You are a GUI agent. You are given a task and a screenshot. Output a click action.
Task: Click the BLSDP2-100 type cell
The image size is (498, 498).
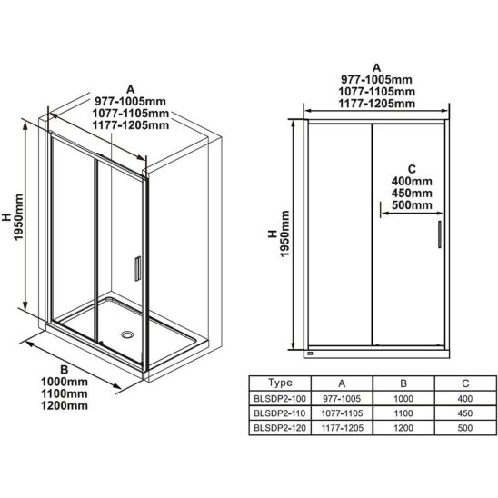(x=280, y=398)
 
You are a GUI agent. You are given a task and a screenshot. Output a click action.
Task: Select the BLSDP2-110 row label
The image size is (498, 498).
(x=280, y=413)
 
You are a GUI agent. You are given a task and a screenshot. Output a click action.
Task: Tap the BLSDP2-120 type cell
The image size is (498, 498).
(x=280, y=428)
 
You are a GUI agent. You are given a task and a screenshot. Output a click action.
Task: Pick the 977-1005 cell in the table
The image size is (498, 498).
(x=342, y=398)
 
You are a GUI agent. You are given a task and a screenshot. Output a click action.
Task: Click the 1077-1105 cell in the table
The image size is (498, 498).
(x=342, y=413)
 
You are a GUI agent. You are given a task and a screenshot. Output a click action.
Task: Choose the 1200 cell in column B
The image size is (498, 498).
(x=403, y=428)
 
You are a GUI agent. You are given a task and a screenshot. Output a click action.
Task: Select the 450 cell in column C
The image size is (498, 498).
(x=465, y=413)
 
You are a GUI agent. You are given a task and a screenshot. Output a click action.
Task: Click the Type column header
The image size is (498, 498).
(x=280, y=383)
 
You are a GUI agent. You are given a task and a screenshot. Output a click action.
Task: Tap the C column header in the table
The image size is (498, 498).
(x=465, y=383)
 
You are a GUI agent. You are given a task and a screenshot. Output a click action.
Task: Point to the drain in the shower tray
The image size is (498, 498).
(x=127, y=334)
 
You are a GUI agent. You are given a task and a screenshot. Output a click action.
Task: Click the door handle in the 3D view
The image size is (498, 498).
(x=137, y=269)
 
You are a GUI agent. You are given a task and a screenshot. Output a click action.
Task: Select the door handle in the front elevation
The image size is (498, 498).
(x=440, y=234)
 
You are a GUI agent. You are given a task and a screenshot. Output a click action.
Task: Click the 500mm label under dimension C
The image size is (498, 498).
(x=412, y=204)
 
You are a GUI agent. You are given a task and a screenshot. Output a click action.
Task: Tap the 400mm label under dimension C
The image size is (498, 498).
(x=412, y=182)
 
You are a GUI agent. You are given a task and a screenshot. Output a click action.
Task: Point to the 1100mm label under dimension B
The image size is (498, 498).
(x=65, y=393)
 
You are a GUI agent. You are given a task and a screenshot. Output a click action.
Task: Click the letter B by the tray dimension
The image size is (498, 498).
(x=65, y=370)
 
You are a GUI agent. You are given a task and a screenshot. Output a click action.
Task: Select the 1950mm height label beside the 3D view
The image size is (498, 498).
(x=18, y=217)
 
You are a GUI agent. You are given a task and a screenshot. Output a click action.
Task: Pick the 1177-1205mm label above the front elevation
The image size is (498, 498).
(x=376, y=104)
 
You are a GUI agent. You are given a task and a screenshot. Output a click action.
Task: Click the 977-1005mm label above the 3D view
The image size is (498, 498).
(x=131, y=101)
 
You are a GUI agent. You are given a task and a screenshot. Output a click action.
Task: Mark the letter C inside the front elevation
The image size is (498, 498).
(x=412, y=169)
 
